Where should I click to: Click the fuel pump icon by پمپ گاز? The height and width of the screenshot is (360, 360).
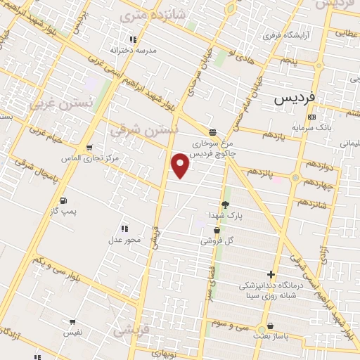[64, 200]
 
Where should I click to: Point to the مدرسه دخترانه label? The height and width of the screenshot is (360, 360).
[133, 51]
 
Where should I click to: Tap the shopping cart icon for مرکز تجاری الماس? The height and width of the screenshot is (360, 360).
[89, 148]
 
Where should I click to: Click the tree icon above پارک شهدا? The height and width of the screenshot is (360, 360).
[225, 204]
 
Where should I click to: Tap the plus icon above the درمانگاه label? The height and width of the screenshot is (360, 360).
[271, 274]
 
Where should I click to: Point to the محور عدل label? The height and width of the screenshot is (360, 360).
[124, 240]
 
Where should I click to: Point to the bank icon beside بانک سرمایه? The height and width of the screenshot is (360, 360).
[312, 117]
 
